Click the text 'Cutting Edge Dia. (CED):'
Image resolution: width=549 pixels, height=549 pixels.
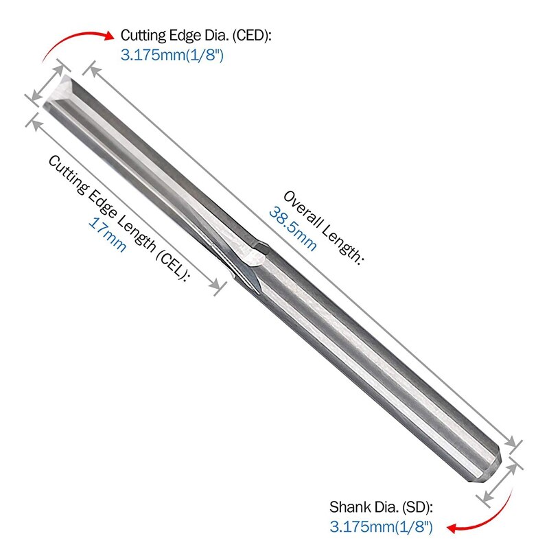196,36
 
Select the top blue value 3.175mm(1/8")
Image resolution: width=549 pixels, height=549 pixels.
172,55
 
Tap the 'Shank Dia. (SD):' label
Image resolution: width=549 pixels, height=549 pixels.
381,508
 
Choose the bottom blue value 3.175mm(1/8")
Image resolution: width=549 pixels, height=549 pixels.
381,527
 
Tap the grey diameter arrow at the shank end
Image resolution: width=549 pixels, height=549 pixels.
500,484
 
